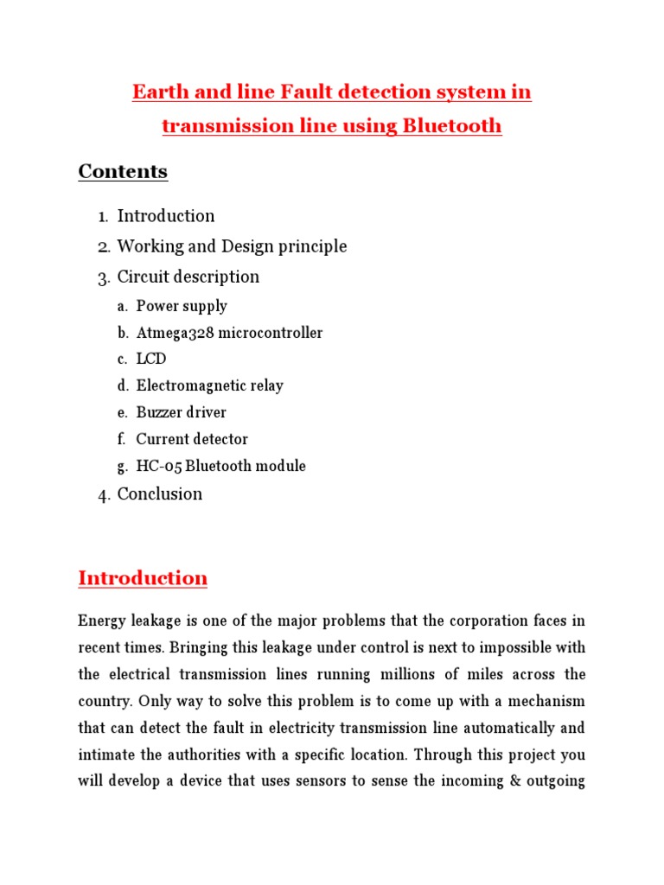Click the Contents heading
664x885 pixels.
[x=123, y=171]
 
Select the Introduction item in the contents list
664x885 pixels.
[x=166, y=216]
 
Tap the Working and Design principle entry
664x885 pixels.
[x=232, y=246]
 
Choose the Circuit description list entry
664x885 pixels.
[x=188, y=277]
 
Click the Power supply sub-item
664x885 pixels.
[x=182, y=306]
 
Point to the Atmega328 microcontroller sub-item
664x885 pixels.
[x=229, y=333]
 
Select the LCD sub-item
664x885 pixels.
[x=151, y=359]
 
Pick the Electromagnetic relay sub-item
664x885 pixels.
[x=209, y=385]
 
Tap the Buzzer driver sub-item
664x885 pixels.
[x=181, y=412]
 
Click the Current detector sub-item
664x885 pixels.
[x=192, y=439]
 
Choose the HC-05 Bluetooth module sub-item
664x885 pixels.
[x=220, y=466]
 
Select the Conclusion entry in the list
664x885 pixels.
[x=159, y=494]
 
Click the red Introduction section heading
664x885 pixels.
[x=143, y=578]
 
